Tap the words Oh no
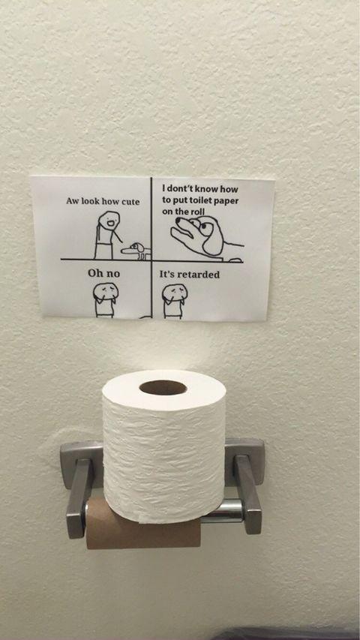pos(104,274)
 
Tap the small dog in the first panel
pos(138,249)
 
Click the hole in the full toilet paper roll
pos(163,387)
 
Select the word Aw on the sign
pos(73,203)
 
